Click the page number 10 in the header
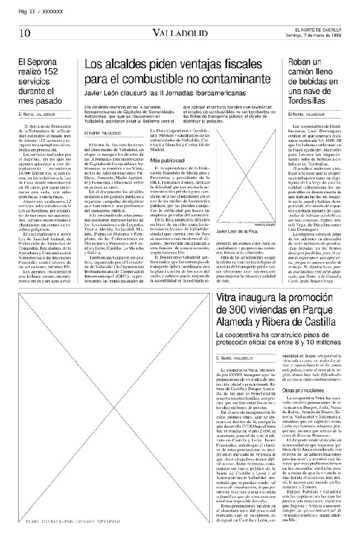click(x=24, y=33)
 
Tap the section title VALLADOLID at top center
click(x=181, y=33)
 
